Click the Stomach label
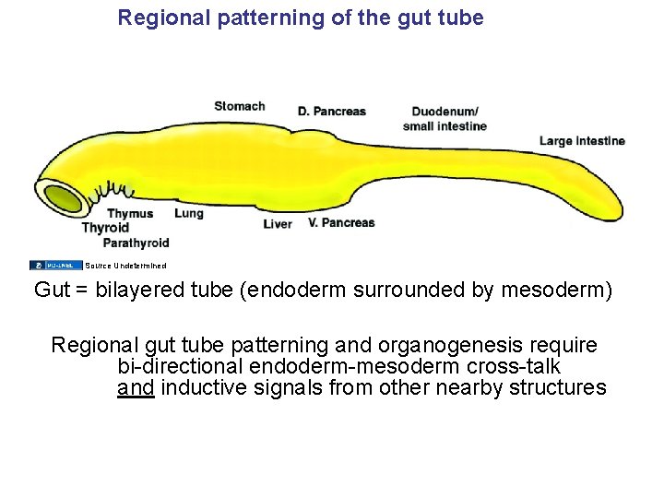click(x=239, y=106)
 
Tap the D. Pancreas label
click(x=331, y=112)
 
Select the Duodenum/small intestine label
click(x=445, y=119)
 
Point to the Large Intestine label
click(x=582, y=141)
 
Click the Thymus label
click(x=130, y=214)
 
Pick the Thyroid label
click(x=105, y=228)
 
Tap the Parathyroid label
click(x=136, y=243)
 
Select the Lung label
click(x=188, y=213)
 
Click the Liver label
click(x=278, y=224)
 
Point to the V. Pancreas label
click(x=341, y=222)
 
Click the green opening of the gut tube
click(x=62, y=198)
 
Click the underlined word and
click(x=135, y=387)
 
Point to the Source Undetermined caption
click(x=125, y=266)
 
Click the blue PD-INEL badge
click(x=55, y=266)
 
